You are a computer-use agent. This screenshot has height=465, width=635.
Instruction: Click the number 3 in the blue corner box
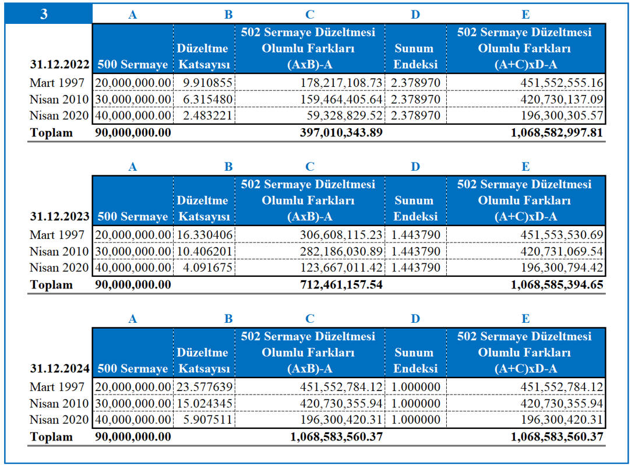44,14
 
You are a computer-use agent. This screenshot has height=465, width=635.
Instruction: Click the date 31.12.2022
59,65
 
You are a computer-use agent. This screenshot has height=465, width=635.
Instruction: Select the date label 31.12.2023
59,216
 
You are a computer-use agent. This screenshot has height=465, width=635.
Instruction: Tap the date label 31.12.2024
59,368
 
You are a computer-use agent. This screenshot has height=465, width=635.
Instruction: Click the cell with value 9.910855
207,83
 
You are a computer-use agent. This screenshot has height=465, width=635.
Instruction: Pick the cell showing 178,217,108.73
341,83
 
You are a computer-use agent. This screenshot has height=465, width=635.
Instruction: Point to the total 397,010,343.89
341,132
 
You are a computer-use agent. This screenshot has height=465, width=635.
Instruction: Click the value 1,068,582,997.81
557,132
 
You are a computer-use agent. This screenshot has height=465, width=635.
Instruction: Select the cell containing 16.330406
204,235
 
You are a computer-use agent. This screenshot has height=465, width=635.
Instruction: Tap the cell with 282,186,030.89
341,252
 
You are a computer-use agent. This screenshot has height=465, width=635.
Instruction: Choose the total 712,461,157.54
341,285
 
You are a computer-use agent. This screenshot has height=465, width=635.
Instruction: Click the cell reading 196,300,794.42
562,267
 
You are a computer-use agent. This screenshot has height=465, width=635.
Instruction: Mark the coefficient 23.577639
204,387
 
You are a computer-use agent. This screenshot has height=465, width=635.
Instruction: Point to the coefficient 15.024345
204,403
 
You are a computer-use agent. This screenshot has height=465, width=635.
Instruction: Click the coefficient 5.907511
207,420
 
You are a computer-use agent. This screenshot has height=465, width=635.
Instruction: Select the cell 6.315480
207,99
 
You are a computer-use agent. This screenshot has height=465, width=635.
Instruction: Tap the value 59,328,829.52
344,115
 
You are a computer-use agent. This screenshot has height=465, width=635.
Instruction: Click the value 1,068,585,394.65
557,285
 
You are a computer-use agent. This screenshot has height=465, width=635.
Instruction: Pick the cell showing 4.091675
207,267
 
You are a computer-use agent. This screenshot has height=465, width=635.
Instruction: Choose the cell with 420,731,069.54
562,252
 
